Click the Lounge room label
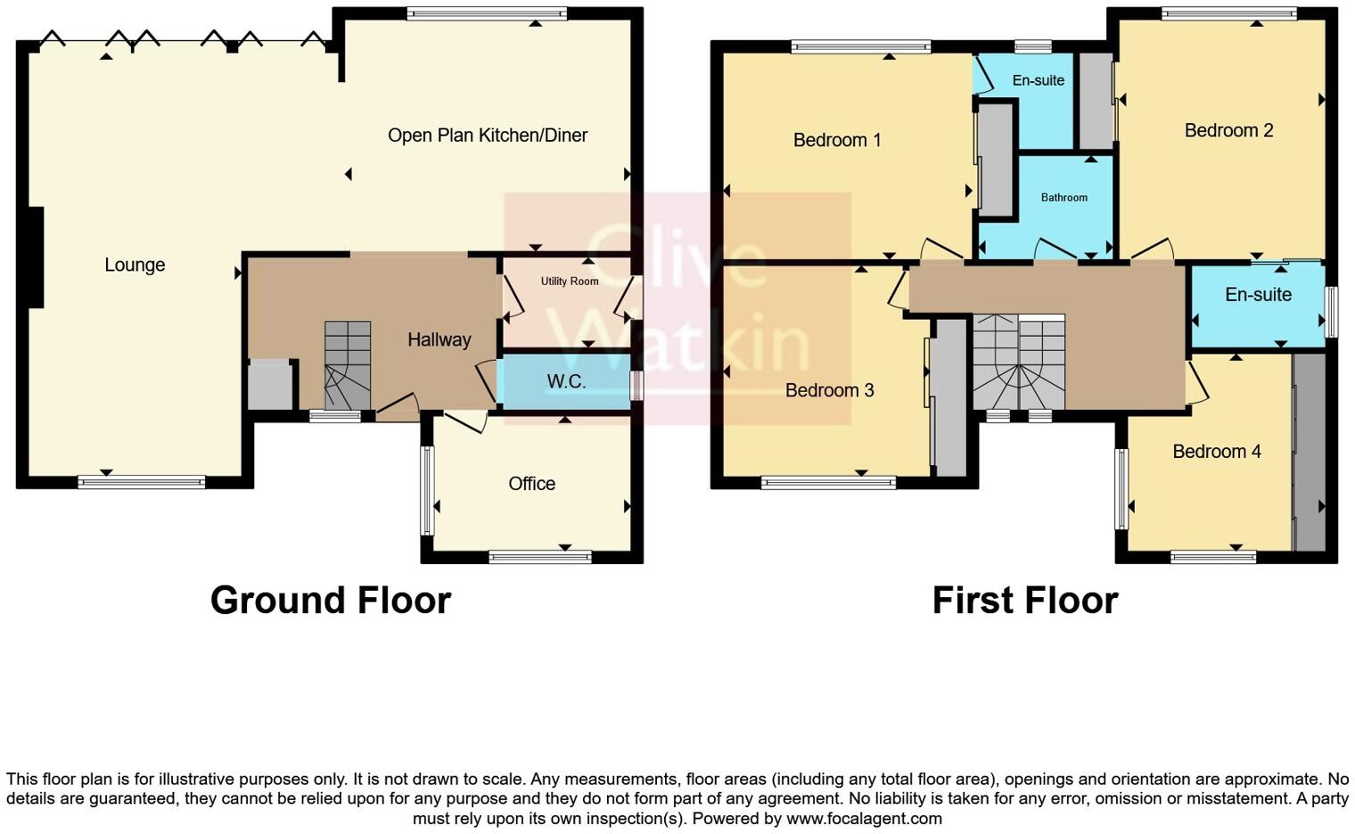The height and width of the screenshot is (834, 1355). coord(135,265)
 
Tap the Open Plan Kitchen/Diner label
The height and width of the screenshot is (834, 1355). coord(488,135)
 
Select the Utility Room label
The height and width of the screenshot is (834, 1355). coord(570,282)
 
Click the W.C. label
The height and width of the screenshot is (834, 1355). coord(566,382)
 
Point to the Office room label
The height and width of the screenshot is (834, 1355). coord(531,484)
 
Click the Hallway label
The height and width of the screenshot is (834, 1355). coord(439,339)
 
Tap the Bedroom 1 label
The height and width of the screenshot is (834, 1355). coord(837,140)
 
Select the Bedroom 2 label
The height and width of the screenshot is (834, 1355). coord(1228,131)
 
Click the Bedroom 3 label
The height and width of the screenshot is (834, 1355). coord(829,390)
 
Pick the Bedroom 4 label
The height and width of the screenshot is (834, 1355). coord(1216,452)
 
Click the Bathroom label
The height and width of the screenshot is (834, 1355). coord(1063,198)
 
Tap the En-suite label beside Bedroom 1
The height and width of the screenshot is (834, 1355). coord(1038,81)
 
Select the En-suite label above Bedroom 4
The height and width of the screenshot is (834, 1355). coord(1258,295)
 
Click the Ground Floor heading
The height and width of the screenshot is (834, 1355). coord(331,601)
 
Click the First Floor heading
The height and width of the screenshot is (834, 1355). coord(1024,601)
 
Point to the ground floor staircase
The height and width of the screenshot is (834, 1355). coord(347,365)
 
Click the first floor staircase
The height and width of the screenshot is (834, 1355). coord(1018,363)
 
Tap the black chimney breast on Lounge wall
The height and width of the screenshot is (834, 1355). coord(36,258)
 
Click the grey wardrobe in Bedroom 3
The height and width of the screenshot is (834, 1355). coord(951,397)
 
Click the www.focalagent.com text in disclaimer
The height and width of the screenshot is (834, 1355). coord(863,818)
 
